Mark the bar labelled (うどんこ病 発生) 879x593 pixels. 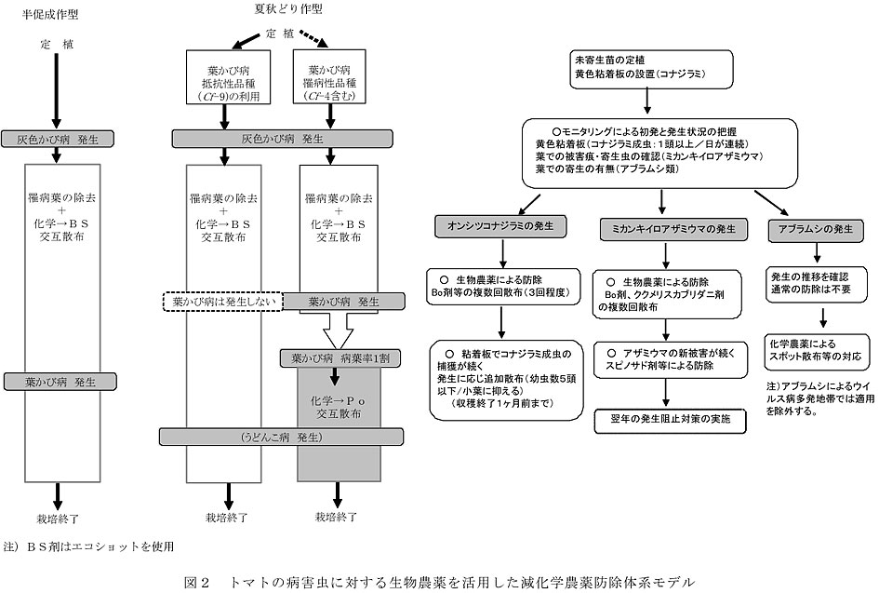tap(282, 436)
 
